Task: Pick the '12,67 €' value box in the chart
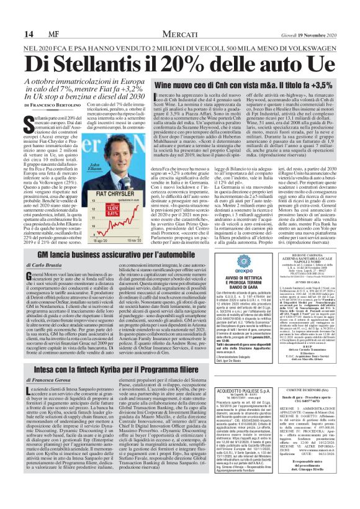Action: (112, 207)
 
